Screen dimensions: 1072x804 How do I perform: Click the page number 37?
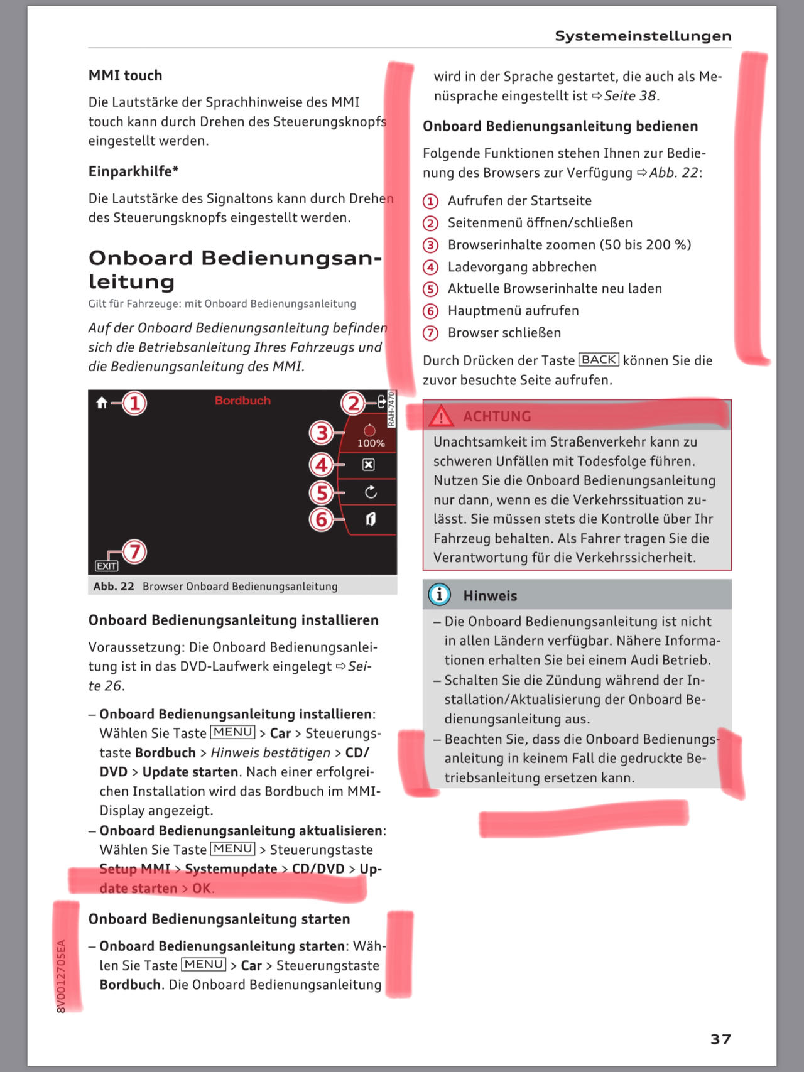tap(720, 1039)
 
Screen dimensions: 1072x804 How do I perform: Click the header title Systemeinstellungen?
tap(643, 36)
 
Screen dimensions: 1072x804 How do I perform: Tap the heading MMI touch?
tap(125, 75)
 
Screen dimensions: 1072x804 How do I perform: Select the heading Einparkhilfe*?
tap(133, 171)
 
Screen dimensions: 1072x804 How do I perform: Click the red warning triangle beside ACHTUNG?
tap(442, 416)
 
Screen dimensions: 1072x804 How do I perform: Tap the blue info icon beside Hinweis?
tap(439, 594)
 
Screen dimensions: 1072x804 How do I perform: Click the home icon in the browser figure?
tap(102, 403)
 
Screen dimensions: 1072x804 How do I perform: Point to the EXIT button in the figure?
tap(106, 566)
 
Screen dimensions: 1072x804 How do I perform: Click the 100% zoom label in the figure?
tap(371, 443)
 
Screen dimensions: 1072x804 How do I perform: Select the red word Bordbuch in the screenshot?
tap(242, 400)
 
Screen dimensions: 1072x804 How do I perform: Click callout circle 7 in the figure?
tap(134, 552)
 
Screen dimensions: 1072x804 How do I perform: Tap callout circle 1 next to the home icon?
tap(134, 403)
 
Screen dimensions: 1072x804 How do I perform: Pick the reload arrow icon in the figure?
tap(371, 492)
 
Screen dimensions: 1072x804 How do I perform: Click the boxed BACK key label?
tap(599, 360)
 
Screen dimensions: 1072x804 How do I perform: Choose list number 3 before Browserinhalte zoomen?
tap(430, 245)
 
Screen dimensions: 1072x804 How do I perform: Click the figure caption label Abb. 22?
tap(114, 586)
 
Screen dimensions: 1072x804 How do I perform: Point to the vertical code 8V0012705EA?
tap(61, 976)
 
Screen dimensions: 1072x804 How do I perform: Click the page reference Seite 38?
tap(630, 96)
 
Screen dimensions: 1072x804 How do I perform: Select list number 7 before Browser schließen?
tap(430, 333)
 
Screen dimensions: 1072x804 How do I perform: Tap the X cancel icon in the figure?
tap(369, 465)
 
